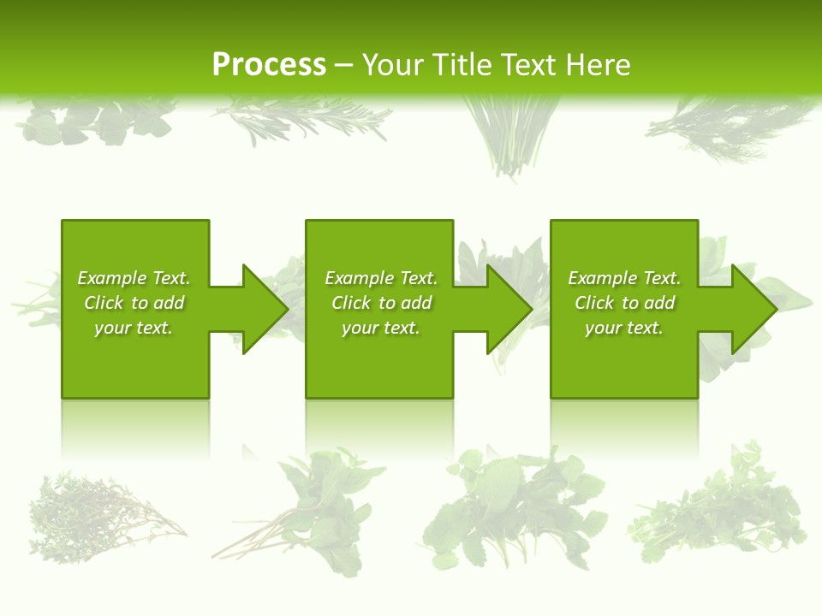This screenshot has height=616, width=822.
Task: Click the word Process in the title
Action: click(269, 65)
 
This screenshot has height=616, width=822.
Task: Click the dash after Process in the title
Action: click(344, 66)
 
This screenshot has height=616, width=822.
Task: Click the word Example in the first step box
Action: click(112, 278)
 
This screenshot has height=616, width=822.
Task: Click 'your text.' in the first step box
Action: click(134, 328)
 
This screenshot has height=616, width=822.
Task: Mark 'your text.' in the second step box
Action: click(381, 328)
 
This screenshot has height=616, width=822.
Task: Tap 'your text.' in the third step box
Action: click(624, 328)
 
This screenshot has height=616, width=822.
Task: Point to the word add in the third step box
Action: click(659, 303)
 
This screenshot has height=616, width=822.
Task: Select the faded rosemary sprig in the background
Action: click(300, 120)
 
